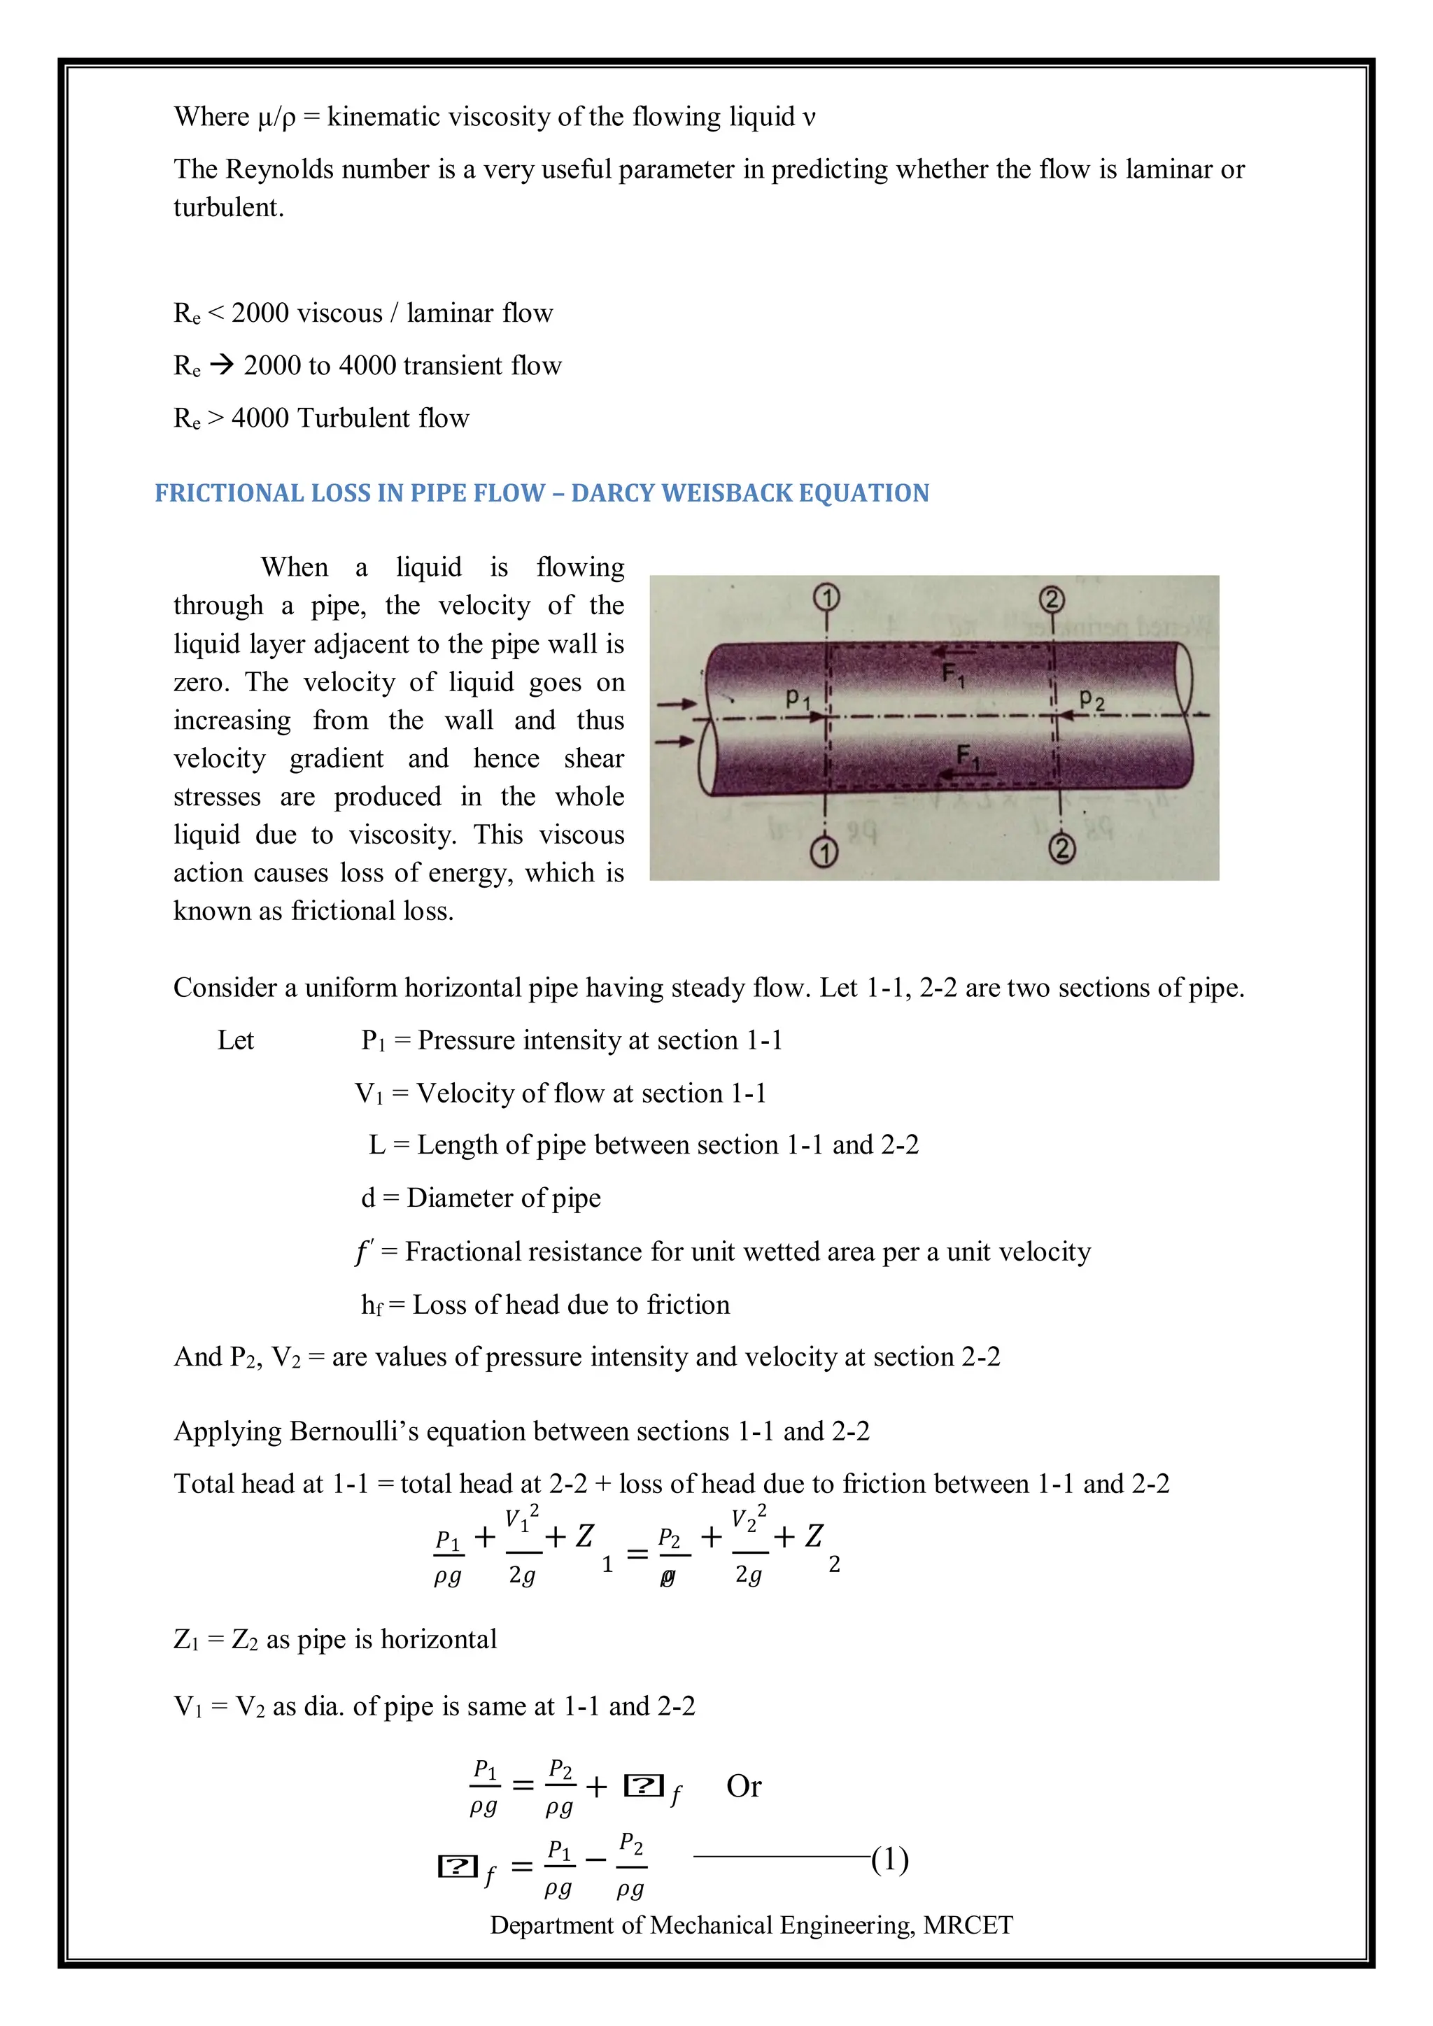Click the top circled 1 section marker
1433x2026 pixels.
(x=827, y=598)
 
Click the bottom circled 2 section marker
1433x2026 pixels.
(x=1061, y=849)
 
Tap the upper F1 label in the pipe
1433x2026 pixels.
(x=953, y=675)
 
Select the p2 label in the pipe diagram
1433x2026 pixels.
(x=1092, y=700)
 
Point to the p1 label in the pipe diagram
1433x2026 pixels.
(x=798, y=698)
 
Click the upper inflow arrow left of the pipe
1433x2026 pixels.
(x=676, y=704)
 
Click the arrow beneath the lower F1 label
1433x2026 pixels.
(x=966, y=774)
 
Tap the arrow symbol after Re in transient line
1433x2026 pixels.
(x=222, y=364)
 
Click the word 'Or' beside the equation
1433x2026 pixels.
(x=744, y=1786)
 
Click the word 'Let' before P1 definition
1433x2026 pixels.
(x=236, y=1040)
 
